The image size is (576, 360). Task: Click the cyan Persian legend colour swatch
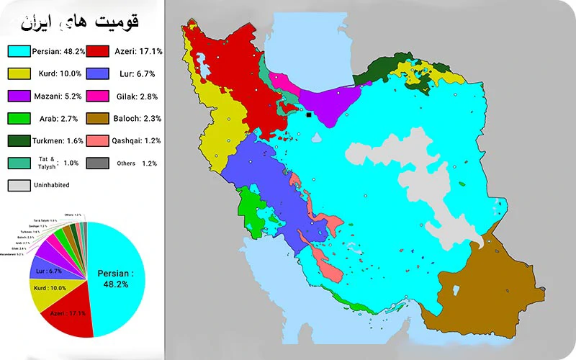point(19,51)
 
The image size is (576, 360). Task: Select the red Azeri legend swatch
point(98,51)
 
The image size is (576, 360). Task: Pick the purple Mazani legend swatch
point(19,96)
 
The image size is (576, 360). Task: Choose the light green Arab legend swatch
point(19,118)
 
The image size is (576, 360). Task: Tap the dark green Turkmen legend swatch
point(19,140)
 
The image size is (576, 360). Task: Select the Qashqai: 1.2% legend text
point(136,140)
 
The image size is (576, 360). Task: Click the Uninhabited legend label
point(53,185)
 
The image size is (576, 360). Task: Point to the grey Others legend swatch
point(98,163)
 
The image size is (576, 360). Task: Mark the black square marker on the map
point(309,114)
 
